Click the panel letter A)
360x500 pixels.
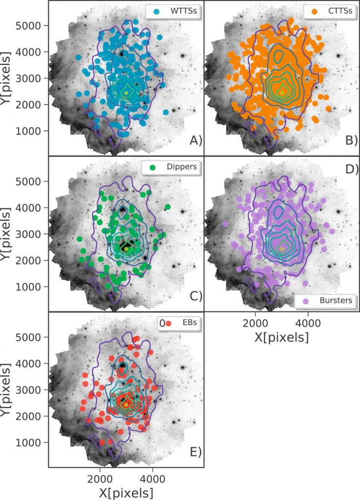pos(195,141)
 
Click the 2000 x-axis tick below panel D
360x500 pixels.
pos(254,323)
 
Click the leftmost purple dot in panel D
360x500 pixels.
pos(226,224)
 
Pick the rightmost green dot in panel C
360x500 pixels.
pos(168,207)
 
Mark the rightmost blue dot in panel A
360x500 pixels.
pos(166,112)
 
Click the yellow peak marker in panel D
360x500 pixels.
pos(281,249)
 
